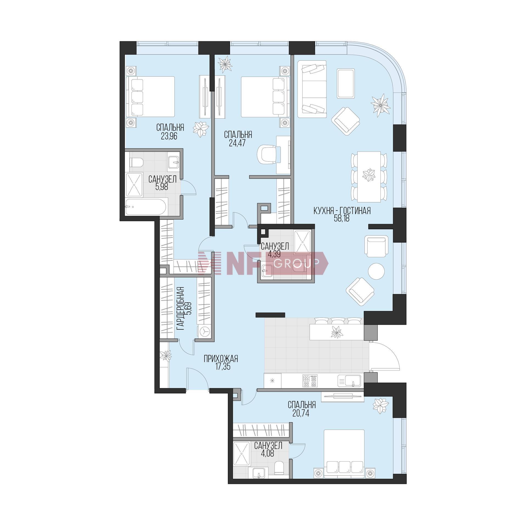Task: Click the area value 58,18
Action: coord(342,219)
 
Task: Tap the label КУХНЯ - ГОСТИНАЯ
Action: coord(342,211)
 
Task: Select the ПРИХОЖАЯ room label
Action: coord(221,359)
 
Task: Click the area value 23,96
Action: coord(169,136)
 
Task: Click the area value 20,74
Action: coord(301,414)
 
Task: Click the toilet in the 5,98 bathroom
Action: coord(136,163)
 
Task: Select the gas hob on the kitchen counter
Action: coord(309,381)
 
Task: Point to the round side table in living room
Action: coord(377,271)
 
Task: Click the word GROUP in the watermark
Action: coord(296,264)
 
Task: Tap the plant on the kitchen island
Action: coord(337,332)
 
